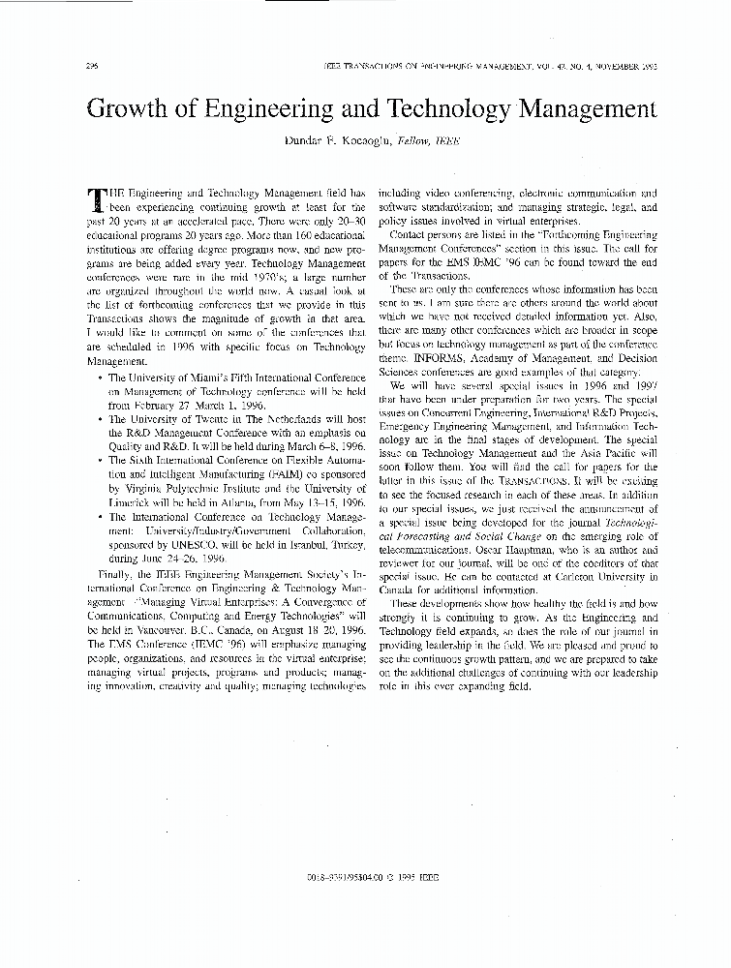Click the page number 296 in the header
tap(93, 67)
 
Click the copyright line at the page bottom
tap(371, 876)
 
